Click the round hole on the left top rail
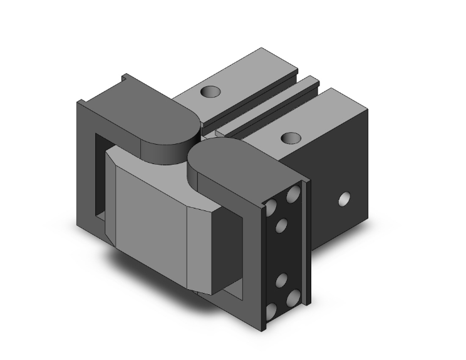[210, 92]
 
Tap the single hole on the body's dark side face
[343, 200]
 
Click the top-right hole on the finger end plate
[293, 195]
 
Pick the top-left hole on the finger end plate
[273, 207]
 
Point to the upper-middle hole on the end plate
[282, 225]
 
